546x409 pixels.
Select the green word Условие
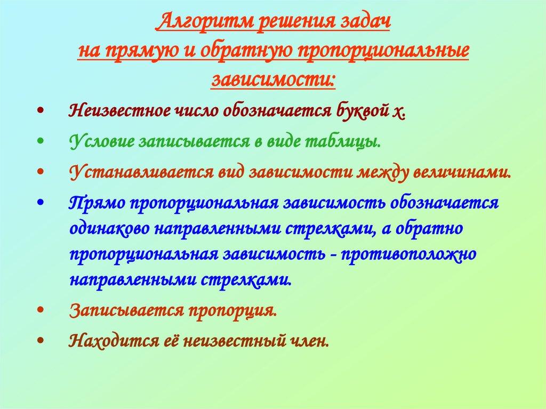[101, 142]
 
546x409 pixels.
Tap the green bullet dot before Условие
[42, 143]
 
